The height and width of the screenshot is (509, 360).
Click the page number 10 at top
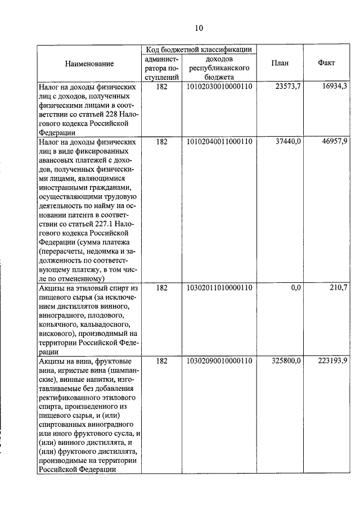(x=199, y=28)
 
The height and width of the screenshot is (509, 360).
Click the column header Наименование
(x=89, y=64)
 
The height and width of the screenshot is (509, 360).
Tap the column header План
(x=280, y=63)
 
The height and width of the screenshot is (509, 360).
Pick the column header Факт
(x=326, y=63)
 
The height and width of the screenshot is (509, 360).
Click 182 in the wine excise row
(x=161, y=361)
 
